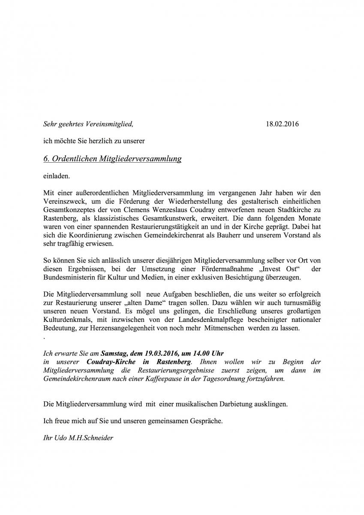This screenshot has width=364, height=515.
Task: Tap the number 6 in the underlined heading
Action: click(x=46, y=159)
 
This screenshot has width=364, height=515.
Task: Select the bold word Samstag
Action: click(x=113, y=354)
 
